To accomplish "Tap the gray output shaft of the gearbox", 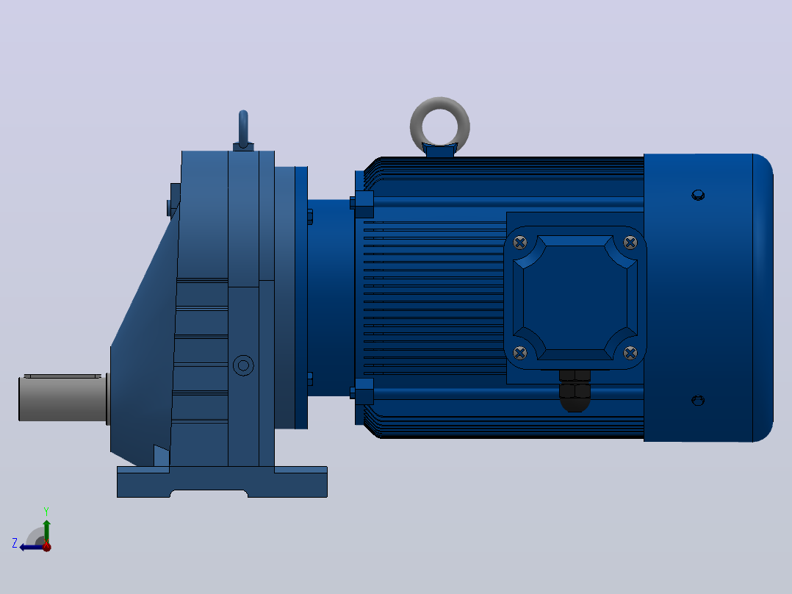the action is (62, 398).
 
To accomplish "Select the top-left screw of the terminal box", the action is (519, 243).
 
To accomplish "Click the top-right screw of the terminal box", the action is (630, 243).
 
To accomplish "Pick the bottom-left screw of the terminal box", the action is (519, 352).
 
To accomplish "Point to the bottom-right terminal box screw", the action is (630, 352).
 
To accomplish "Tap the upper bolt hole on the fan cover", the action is (698, 195).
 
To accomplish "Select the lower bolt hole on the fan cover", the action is (698, 401).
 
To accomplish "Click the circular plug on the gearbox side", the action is (243, 365).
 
